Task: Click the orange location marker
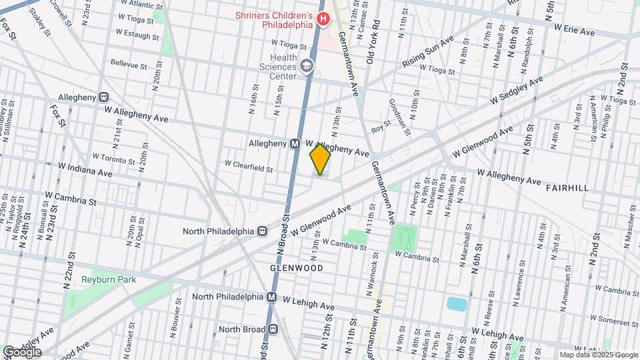click(320, 159)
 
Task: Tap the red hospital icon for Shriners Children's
click(323, 19)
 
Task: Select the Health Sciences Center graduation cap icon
click(306, 65)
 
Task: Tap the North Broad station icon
click(272, 329)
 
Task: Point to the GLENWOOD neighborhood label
click(296, 268)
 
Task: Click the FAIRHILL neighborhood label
click(567, 189)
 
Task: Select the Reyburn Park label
click(109, 280)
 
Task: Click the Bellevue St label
click(128, 65)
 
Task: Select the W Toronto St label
click(114, 158)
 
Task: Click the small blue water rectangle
click(456, 305)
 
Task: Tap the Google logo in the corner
click(21, 351)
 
